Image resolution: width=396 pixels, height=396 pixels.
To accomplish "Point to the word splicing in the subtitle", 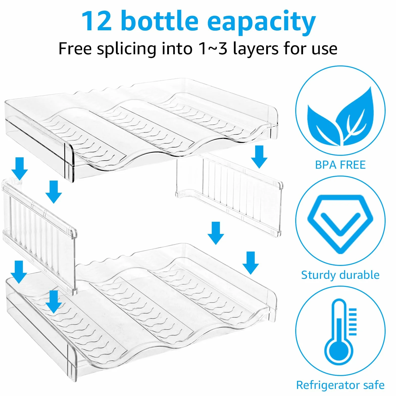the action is coord(127,49).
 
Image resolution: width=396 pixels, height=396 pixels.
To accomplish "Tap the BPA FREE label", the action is coord(340,165).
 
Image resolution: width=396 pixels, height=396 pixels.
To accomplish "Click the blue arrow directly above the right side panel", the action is coord(259,157).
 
